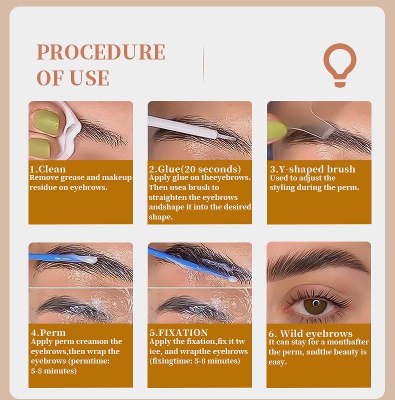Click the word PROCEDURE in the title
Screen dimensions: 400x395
(x=100, y=52)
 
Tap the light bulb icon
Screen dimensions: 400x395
(x=340, y=64)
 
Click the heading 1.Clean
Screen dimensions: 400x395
(x=47, y=169)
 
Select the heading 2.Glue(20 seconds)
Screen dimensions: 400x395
(x=195, y=169)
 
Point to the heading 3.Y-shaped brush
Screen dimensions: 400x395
(x=312, y=169)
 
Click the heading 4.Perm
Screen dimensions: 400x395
(x=48, y=332)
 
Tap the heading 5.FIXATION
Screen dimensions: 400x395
(x=179, y=332)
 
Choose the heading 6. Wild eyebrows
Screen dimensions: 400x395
(x=310, y=333)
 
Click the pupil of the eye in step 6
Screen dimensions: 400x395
(x=315, y=303)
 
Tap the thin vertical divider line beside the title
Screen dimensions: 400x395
(x=203, y=63)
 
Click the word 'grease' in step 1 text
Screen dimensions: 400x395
(x=72, y=178)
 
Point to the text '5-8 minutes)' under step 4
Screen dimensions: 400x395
(x=54, y=370)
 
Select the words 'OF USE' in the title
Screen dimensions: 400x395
(x=73, y=78)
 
